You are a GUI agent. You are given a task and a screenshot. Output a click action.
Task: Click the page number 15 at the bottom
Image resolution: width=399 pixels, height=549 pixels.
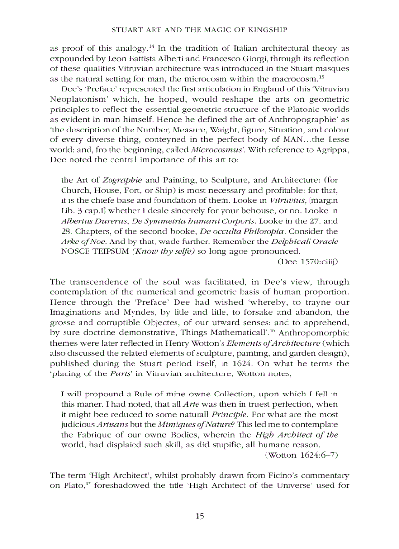(199, 516)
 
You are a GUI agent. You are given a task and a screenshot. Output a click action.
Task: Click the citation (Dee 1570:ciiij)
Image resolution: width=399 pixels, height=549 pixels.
(308, 262)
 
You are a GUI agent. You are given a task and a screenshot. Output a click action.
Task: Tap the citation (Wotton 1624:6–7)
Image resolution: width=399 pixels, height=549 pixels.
(301, 455)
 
